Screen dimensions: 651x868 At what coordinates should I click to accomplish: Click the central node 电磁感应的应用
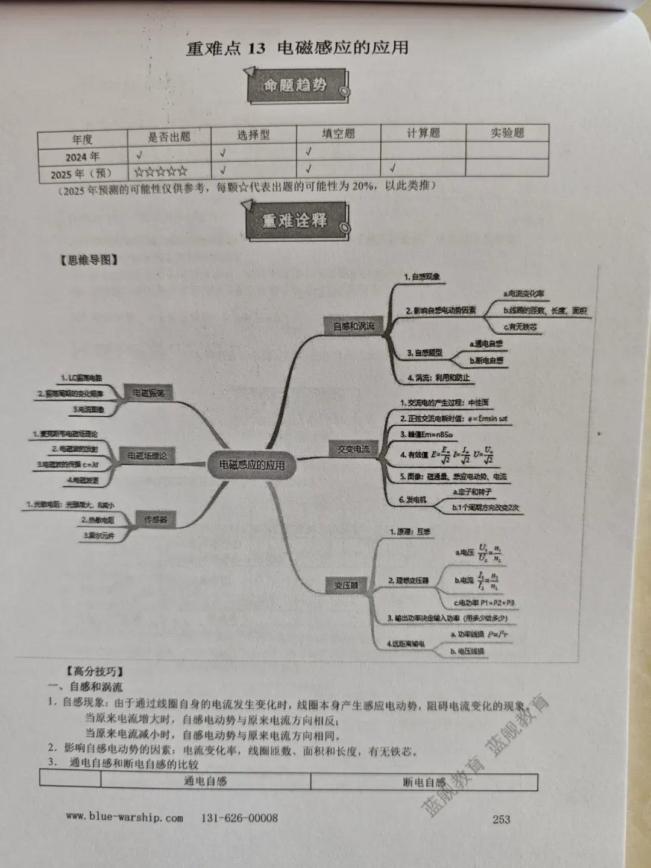click(x=251, y=465)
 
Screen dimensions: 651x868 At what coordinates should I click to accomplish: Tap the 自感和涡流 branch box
click(x=354, y=326)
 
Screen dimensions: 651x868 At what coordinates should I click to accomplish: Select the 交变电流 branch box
click(x=353, y=449)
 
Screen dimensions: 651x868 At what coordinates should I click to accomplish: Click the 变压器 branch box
click(x=346, y=585)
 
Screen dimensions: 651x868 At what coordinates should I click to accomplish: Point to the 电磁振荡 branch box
click(x=148, y=393)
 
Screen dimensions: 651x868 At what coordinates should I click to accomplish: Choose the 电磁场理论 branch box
click(x=146, y=456)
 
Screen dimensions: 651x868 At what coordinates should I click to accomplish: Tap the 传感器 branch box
click(x=156, y=519)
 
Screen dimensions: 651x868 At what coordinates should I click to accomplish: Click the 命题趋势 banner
click(x=296, y=86)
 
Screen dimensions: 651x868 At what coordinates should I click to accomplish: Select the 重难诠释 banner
click(x=296, y=221)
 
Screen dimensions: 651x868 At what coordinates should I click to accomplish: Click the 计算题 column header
click(x=423, y=133)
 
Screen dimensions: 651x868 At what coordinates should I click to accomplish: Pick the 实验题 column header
click(x=507, y=133)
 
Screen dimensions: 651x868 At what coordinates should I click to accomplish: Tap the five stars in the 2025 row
click(x=161, y=172)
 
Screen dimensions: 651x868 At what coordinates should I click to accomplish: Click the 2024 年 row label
click(x=83, y=157)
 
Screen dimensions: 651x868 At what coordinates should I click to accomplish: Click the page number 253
click(x=501, y=819)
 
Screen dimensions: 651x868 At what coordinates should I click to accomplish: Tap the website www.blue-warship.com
click(x=125, y=817)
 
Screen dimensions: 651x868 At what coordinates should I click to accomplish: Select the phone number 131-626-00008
click(x=239, y=818)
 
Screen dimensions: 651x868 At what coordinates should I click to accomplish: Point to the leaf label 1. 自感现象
click(x=422, y=277)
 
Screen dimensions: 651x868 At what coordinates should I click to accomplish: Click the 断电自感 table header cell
click(x=424, y=782)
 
